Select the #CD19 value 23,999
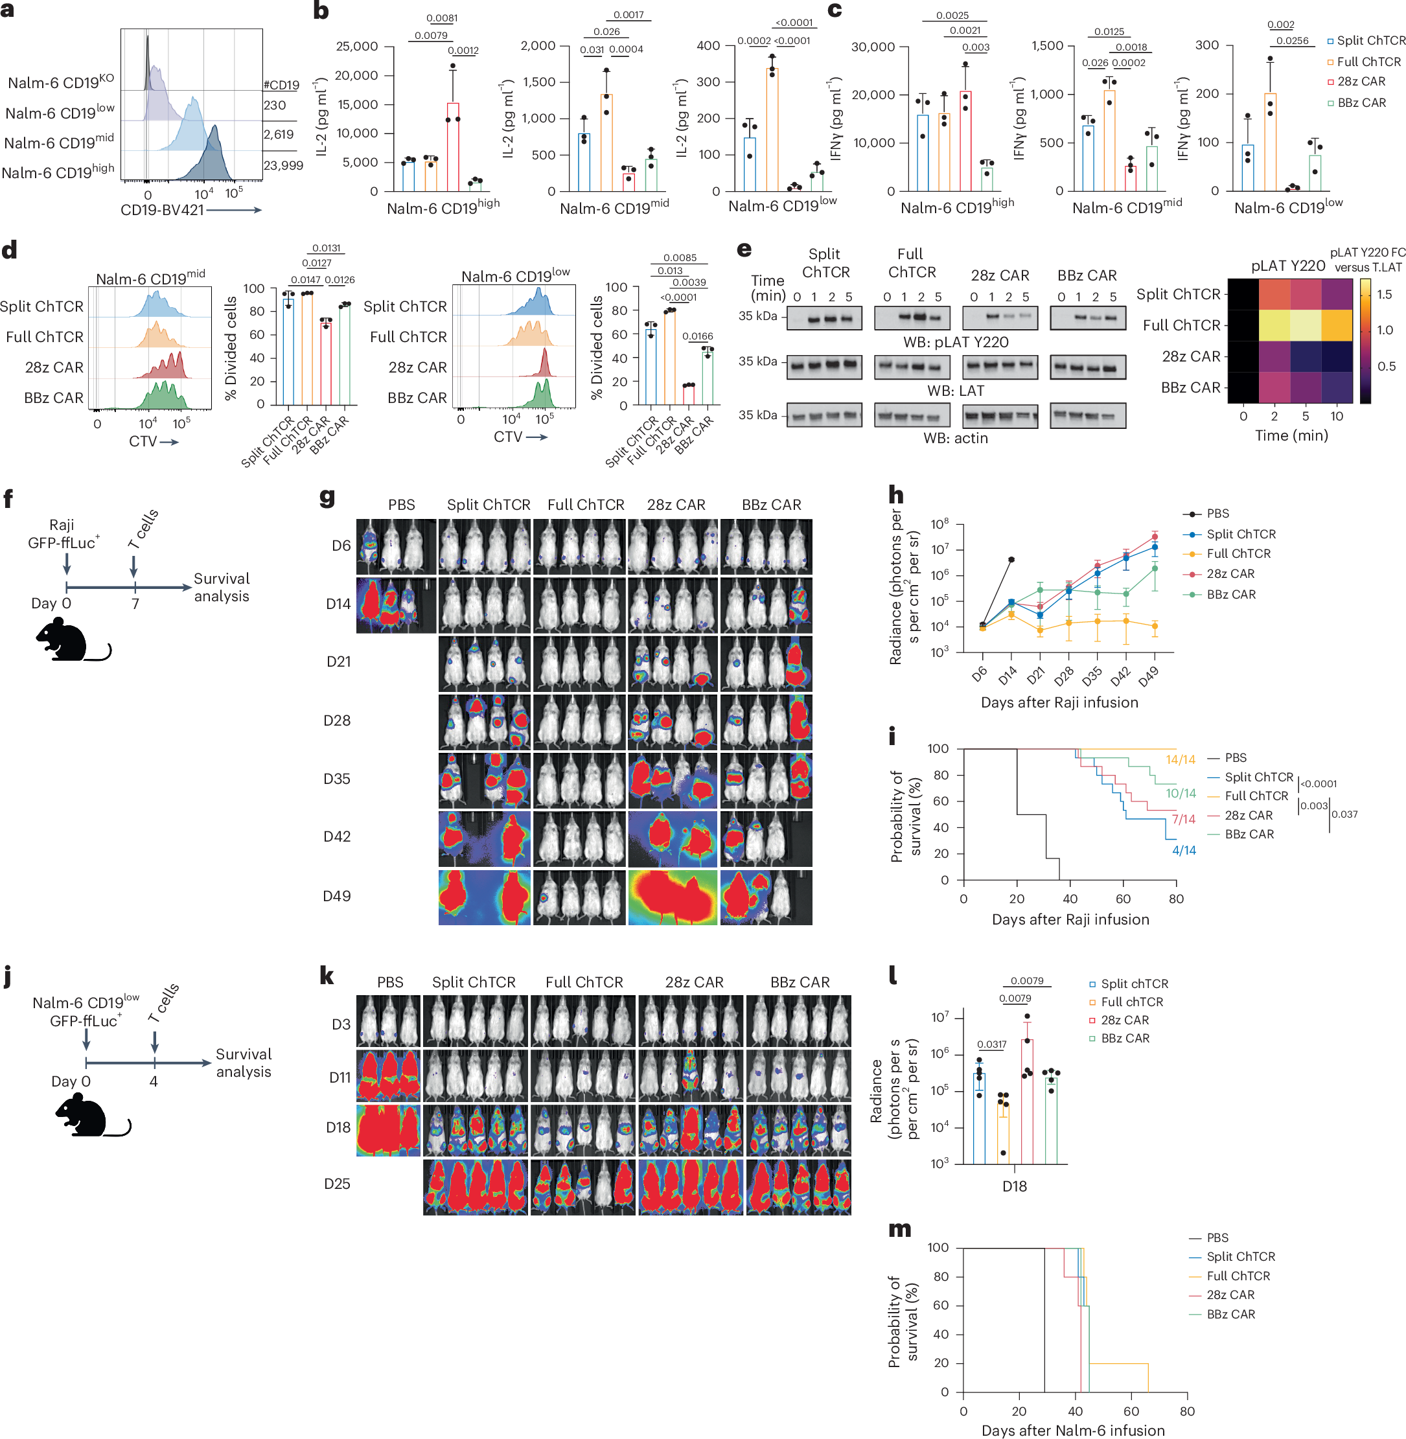click(x=283, y=165)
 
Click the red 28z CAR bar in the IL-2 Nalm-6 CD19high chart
click(x=453, y=147)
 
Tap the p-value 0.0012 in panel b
click(x=463, y=50)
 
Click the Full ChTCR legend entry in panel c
click(x=1363, y=62)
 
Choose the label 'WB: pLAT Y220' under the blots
click(x=956, y=342)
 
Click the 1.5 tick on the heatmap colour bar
click(x=1385, y=295)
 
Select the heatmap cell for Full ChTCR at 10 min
click(x=1337, y=326)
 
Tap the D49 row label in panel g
click(x=337, y=896)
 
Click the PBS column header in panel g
click(x=401, y=505)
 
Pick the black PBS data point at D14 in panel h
click(x=1011, y=560)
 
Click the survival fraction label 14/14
click(x=1180, y=760)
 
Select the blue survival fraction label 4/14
click(x=1184, y=851)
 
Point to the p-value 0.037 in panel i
click(x=1344, y=814)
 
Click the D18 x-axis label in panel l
click(x=1014, y=1186)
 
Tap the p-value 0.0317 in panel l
click(x=992, y=1044)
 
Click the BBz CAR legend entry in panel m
click(x=1230, y=1314)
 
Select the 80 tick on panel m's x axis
click(x=1187, y=1411)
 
